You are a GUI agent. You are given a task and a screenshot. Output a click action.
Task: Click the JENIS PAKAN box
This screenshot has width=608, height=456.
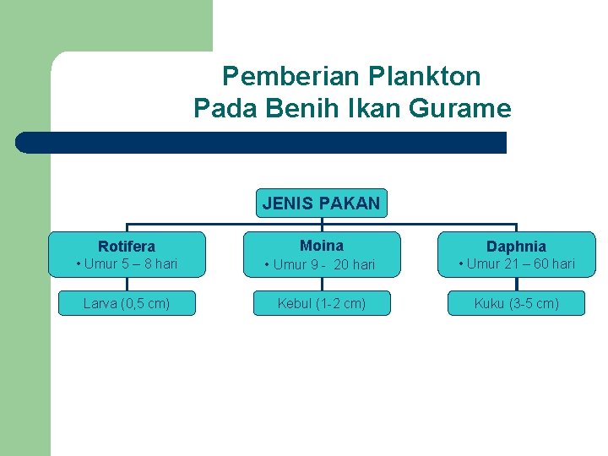pyautogui.click(x=322, y=204)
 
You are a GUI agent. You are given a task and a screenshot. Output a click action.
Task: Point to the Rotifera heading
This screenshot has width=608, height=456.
pyautogui.click(x=127, y=247)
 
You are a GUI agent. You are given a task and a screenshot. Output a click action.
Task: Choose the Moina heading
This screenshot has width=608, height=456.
pyautogui.click(x=322, y=246)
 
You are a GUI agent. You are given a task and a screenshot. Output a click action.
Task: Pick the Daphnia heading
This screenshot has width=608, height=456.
pyautogui.click(x=516, y=247)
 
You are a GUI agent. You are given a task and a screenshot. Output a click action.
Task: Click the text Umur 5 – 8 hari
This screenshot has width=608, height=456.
pyautogui.click(x=131, y=264)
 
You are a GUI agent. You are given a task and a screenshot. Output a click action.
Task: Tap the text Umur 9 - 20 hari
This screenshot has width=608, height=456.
pyautogui.click(x=324, y=265)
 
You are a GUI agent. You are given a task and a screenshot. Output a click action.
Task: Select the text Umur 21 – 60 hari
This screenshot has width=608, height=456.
pyautogui.click(x=520, y=264)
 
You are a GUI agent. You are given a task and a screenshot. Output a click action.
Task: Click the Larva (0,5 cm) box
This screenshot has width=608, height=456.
pyautogui.click(x=127, y=303)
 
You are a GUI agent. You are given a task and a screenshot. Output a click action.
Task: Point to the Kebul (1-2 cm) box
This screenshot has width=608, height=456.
pyautogui.click(x=322, y=303)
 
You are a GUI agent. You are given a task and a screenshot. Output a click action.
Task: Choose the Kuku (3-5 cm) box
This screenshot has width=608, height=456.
pyautogui.click(x=516, y=303)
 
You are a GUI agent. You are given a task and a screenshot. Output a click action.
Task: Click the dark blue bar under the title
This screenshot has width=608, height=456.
pyautogui.click(x=262, y=143)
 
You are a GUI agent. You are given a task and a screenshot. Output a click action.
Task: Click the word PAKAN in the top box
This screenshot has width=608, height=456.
pyautogui.click(x=351, y=204)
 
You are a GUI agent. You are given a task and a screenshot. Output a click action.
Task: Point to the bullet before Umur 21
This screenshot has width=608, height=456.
pyautogui.click(x=461, y=264)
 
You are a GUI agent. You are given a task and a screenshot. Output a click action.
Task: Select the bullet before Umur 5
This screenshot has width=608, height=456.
pyautogui.click(x=79, y=264)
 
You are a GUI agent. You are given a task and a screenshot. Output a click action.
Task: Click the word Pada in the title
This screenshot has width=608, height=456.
pyautogui.click(x=222, y=109)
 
